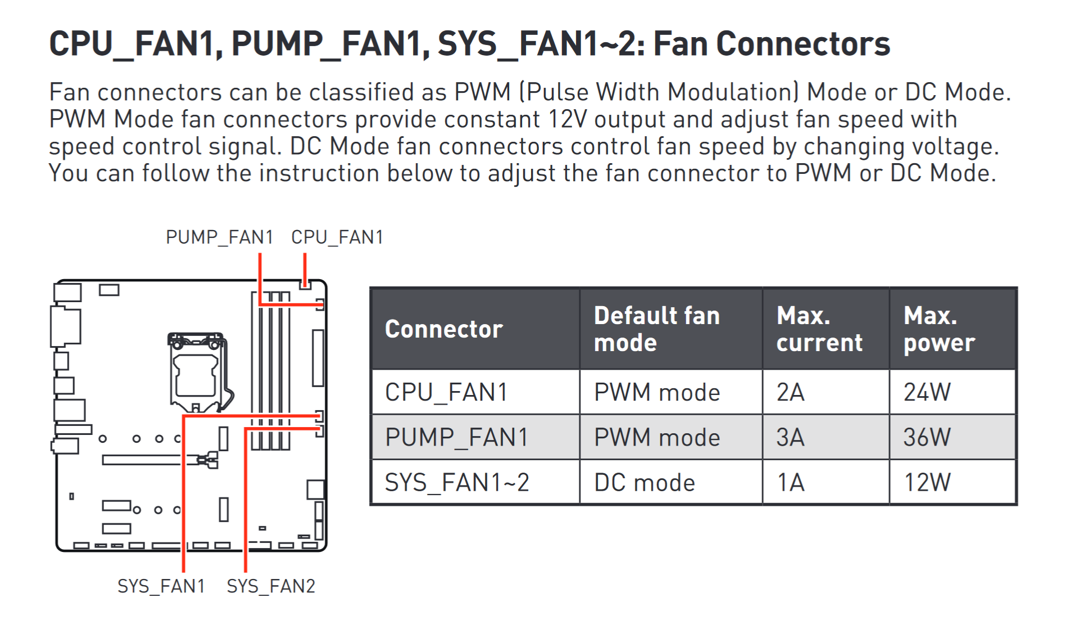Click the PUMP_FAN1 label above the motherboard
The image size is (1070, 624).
point(219,237)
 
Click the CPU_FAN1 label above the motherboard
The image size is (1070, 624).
point(337,237)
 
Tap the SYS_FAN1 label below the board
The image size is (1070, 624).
point(161,586)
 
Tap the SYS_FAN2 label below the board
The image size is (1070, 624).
point(271,586)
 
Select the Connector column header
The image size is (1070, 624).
point(443,329)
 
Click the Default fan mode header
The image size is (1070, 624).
point(656,329)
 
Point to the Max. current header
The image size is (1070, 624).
point(819,329)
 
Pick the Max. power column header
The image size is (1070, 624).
point(939,329)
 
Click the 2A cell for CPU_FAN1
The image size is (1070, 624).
point(791,392)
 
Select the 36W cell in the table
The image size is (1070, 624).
point(927,437)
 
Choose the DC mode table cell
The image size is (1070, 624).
point(645,483)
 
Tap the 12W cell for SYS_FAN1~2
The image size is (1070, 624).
point(927,483)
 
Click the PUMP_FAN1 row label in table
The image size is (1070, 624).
point(456,437)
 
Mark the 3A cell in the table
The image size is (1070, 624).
point(791,437)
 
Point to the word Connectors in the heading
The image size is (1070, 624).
point(803,44)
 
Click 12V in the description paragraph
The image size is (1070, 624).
point(567,119)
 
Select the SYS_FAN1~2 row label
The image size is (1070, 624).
point(456,483)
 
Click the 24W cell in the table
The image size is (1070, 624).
point(927,392)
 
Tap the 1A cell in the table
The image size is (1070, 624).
point(791,483)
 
